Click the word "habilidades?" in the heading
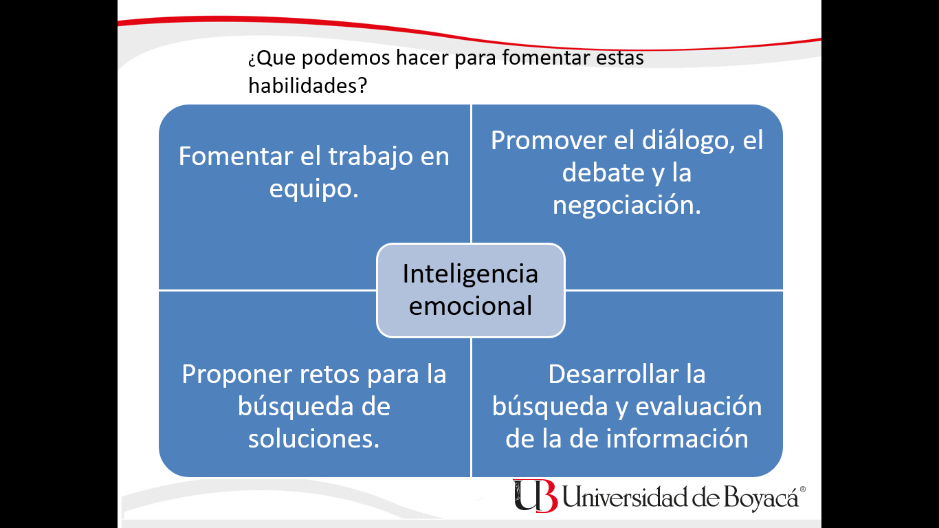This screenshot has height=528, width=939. tap(308, 85)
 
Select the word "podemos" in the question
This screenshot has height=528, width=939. tap(346, 58)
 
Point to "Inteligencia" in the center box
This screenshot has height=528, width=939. tap(470, 275)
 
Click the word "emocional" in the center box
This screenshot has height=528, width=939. tap(470, 306)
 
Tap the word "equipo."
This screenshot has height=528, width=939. tap(314, 189)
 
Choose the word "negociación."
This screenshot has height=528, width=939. tap(627, 206)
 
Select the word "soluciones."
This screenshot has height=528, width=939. tap(313, 439)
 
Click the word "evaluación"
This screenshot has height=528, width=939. tap(699, 406)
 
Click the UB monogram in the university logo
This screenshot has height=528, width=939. tap(535, 496)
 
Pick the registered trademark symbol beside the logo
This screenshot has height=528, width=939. tap(802, 489)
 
